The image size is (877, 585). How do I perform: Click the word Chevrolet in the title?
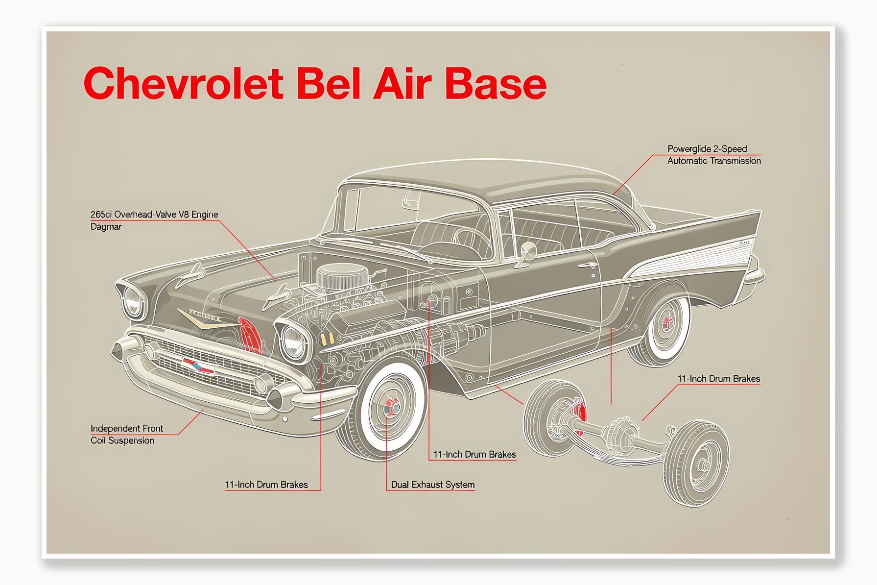(x=184, y=83)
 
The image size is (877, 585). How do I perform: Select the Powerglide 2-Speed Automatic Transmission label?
(x=714, y=154)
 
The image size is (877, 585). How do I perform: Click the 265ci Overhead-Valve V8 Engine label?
(x=154, y=214)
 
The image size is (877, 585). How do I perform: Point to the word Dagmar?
(x=106, y=226)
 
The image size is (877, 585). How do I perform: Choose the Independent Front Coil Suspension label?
(x=127, y=434)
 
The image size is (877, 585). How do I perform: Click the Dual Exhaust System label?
(x=433, y=485)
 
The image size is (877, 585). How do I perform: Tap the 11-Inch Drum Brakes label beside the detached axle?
(x=719, y=379)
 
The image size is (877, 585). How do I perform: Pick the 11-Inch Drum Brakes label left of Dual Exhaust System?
(x=266, y=485)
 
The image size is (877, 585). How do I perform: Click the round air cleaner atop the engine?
(x=342, y=275)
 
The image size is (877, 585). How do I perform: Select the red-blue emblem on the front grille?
(x=198, y=366)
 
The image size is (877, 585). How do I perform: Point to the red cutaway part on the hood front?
(x=250, y=335)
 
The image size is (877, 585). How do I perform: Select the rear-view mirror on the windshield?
(x=410, y=200)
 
